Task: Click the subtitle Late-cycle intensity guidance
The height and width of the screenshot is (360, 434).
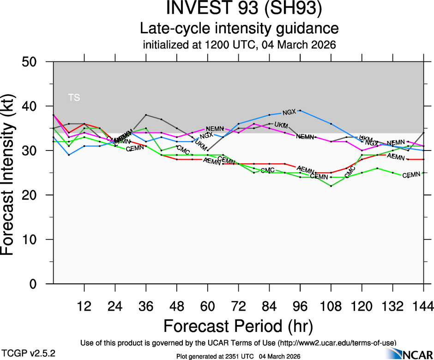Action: coord(239,29)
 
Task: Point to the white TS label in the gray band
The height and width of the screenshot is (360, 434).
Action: coord(74,97)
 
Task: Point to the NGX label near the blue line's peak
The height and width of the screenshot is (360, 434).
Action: coord(289,112)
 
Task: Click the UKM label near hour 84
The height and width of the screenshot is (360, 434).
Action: coord(281,126)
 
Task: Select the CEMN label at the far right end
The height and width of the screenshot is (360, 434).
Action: coord(411,175)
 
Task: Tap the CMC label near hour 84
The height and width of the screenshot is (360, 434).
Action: coord(268,171)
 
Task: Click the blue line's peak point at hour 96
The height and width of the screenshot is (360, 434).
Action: coord(301,110)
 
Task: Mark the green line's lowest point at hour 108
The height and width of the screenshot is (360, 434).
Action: coord(331,186)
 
